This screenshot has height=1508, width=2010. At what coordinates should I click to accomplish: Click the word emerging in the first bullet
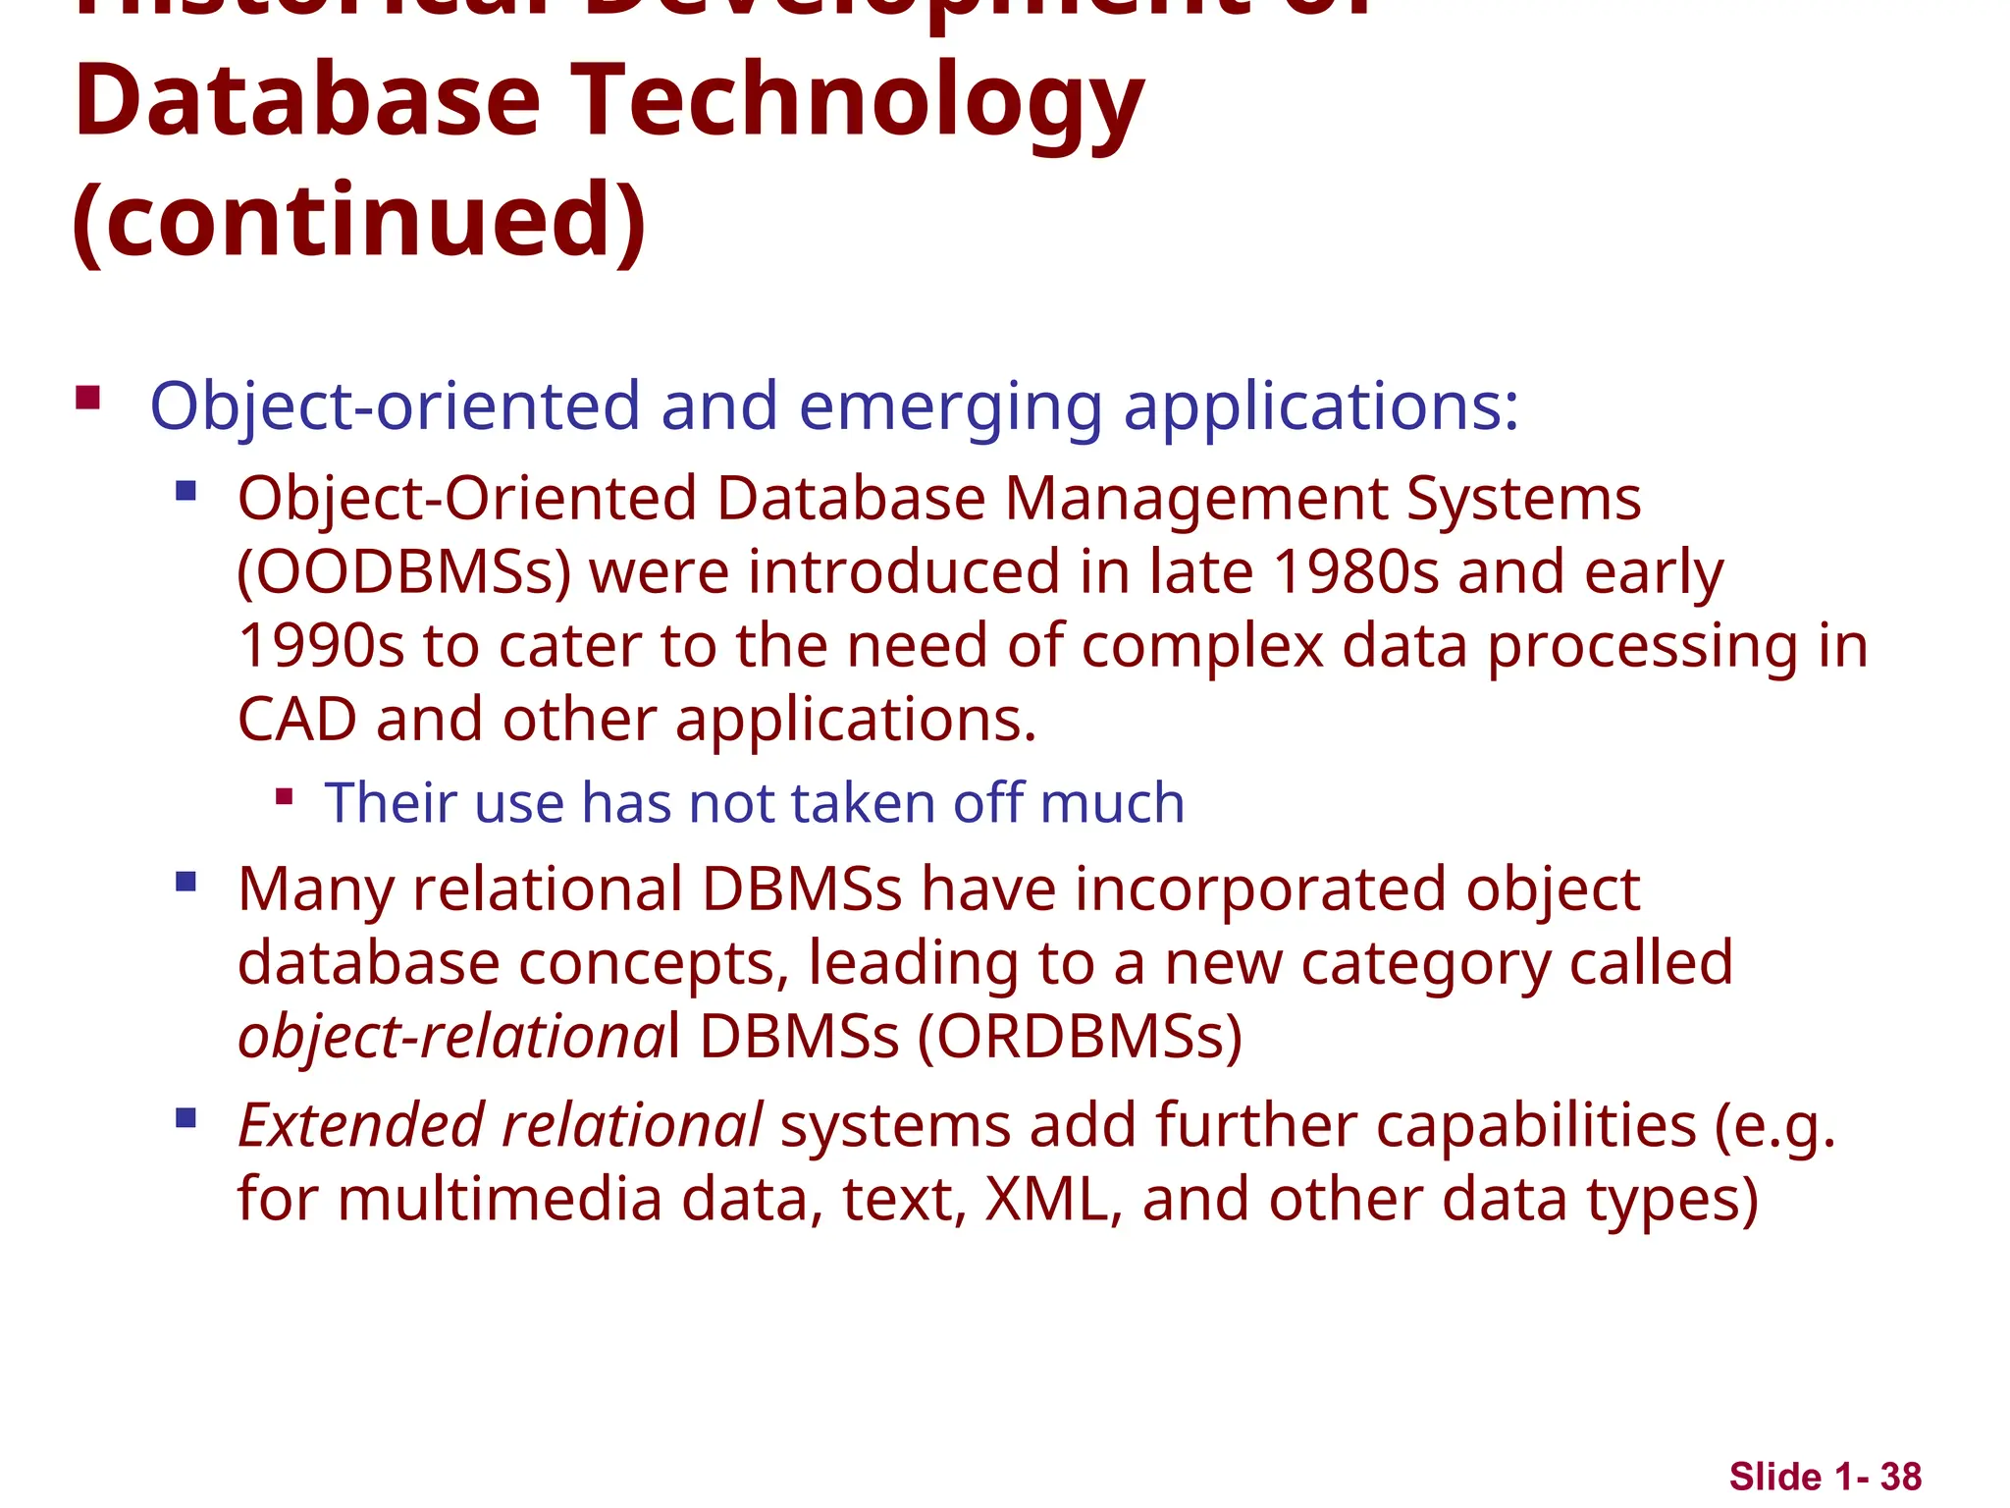coord(950,406)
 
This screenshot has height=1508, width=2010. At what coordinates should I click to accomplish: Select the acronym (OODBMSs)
coord(404,573)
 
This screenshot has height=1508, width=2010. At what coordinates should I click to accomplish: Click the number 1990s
coord(321,647)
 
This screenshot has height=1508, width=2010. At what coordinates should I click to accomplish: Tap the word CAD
coord(296,720)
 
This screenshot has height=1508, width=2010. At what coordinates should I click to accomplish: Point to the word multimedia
coord(500,1200)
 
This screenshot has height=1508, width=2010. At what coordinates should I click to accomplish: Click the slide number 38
coord(1901,1477)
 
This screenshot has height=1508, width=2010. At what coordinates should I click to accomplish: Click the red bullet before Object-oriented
coord(88,398)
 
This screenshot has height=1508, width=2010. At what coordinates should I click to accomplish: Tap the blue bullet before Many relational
coord(185,882)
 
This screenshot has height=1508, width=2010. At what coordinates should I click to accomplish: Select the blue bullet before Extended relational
coord(185,1118)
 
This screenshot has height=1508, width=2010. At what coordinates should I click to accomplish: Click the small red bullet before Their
coord(285,796)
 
